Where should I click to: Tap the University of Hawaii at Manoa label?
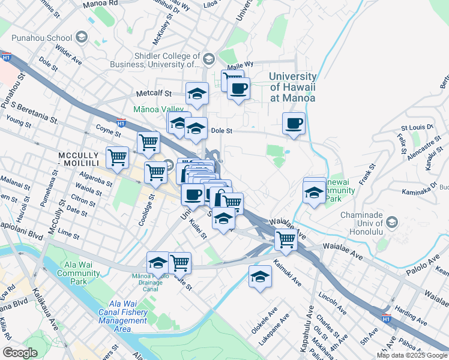point(292,87)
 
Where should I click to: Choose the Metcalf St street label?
point(154,94)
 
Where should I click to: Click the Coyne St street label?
point(109,128)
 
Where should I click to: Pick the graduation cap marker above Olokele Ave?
point(259,276)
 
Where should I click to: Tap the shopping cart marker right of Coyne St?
point(148,143)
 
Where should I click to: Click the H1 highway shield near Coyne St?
point(121,123)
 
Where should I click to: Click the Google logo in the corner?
point(20,353)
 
